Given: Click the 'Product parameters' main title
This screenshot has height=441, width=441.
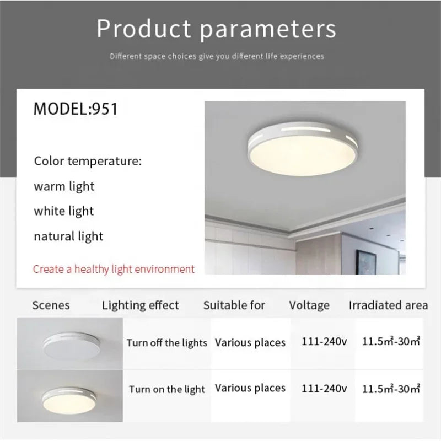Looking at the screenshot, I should tap(216, 29).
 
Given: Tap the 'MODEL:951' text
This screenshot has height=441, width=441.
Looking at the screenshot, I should tap(76, 109).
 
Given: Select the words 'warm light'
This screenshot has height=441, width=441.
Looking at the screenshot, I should tap(64, 186).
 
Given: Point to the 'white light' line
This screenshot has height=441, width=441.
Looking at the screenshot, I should tap(64, 211).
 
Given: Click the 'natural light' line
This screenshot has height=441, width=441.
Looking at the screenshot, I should tap(68, 236).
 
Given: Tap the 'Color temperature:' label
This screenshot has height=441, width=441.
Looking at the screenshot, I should tap(88, 162).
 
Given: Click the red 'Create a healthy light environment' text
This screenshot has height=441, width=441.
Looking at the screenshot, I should tap(114, 270).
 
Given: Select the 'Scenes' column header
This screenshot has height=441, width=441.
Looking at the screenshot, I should tap(51, 305).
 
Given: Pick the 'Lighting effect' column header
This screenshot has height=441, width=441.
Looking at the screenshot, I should tap(141, 305).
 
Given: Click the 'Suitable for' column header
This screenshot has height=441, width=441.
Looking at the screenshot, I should tap(234, 305).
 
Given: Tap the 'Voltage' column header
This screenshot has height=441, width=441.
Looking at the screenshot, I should tap(309, 305).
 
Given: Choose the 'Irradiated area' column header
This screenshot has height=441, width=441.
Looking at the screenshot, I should tap(388, 305).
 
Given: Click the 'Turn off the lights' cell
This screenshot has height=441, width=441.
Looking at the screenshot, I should tap(167, 343).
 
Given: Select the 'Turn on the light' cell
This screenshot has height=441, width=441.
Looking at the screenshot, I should tap(167, 389).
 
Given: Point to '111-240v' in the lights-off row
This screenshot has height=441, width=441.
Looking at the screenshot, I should tap(324, 341).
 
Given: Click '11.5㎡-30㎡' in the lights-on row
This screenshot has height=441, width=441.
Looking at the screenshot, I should tap(391, 388).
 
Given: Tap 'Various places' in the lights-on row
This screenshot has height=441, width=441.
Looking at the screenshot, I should tap(250, 388).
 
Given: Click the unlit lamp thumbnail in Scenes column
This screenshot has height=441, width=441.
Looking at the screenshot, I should tap(70, 343).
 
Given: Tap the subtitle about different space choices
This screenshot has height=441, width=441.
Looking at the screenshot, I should tap(217, 56).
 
